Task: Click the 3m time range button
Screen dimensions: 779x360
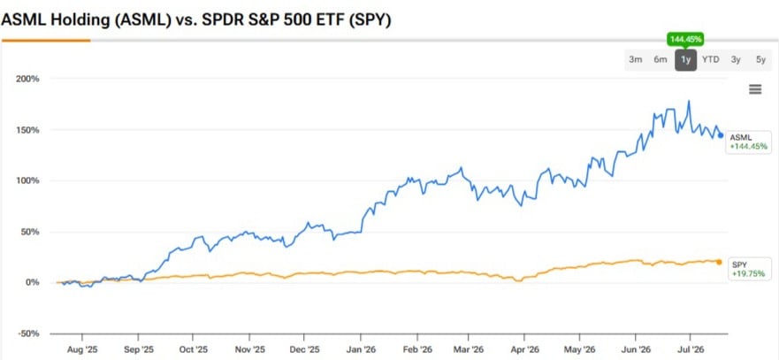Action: pyautogui.click(x=636, y=59)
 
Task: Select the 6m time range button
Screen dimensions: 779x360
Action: pyautogui.click(x=661, y=59)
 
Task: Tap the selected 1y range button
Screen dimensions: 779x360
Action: pyautogui.click(x=685, y=59)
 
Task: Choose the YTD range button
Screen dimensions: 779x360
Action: pyautogui.click(x=710, y=59)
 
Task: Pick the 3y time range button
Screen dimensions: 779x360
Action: pyautogui.click(x=736, y=59)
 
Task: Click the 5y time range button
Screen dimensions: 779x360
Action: pyautogui.click(x=760, y=59)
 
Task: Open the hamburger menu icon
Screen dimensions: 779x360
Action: pyautogui.click(x=755, y=89)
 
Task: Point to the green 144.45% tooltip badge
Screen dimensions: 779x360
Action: pyautogui.click(x=685, y=39)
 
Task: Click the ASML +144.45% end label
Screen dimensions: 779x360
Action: pyautogui.click(x=748, y=142)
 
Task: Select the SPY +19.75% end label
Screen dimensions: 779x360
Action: pyautogui.click(x=748, y=269)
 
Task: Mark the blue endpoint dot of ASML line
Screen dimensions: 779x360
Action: pyautogui.click(x=721, y=135)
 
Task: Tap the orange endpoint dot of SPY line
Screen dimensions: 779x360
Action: pyautogui.click(x=719, y=262)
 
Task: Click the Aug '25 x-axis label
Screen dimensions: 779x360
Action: pyautogui.click(x=81, y=350)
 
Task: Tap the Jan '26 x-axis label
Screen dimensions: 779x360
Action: pyautogui.click(x=361, y=350)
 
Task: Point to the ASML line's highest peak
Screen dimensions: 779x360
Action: pyautogui.click(x=689, y=101)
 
